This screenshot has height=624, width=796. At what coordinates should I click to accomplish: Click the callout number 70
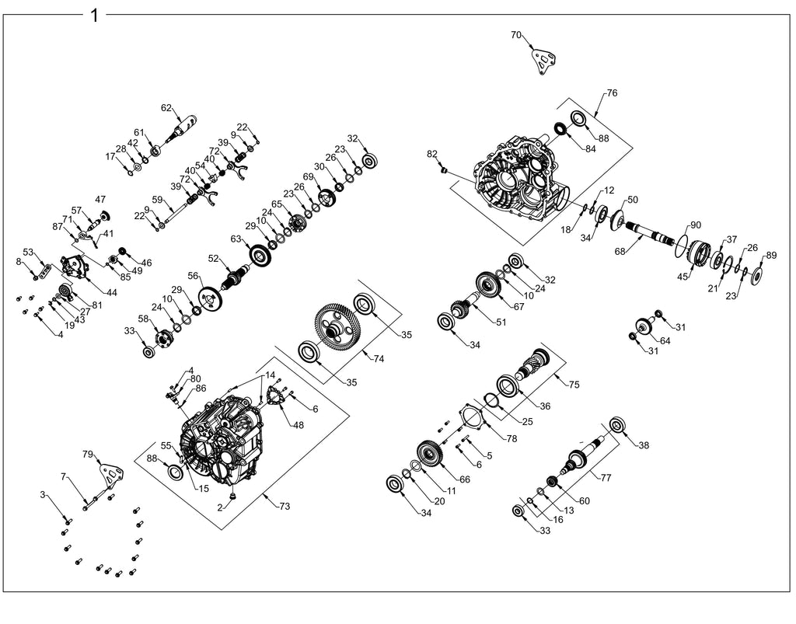pyautogui.click(x=516, y=35)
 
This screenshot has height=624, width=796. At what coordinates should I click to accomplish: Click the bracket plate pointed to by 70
pyautogui.click(x=543, y=61)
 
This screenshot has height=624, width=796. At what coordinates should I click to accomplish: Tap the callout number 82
pyautogui.click(x=431, y=154)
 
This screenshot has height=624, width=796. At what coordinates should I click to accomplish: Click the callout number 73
pyautogui.click(x=285, y=506)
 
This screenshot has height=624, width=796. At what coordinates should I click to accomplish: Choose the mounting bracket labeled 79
pyautogui.click(x=113, y=476)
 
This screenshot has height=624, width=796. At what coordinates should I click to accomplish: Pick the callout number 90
pyautogui.click(x=695, y=225)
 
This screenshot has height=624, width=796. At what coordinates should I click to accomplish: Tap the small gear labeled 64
pyautogui.click(x=644, y=325)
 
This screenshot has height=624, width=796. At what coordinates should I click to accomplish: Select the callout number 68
pyautogui.click(x=620, y=251)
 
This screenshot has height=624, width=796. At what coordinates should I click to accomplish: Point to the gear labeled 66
pyautogui.click(x=431, y=453)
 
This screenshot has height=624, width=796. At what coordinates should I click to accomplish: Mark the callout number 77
pyautogui.click(x=606, y=477)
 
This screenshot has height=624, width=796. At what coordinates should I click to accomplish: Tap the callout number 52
pyautogui.click(x=213, y=258)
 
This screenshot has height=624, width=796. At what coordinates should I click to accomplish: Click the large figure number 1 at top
pyautogui.click(x=94, y=16)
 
